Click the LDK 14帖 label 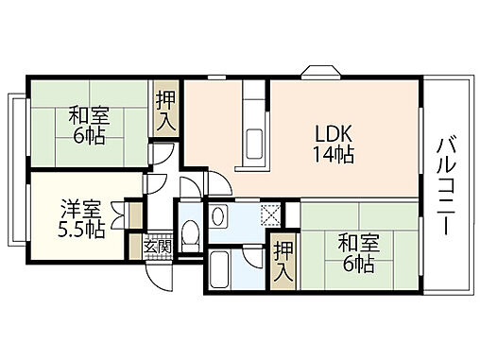click(x=334, y=143)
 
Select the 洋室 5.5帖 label click(x=79, y=217)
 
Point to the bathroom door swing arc click(x=250, y=252)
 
